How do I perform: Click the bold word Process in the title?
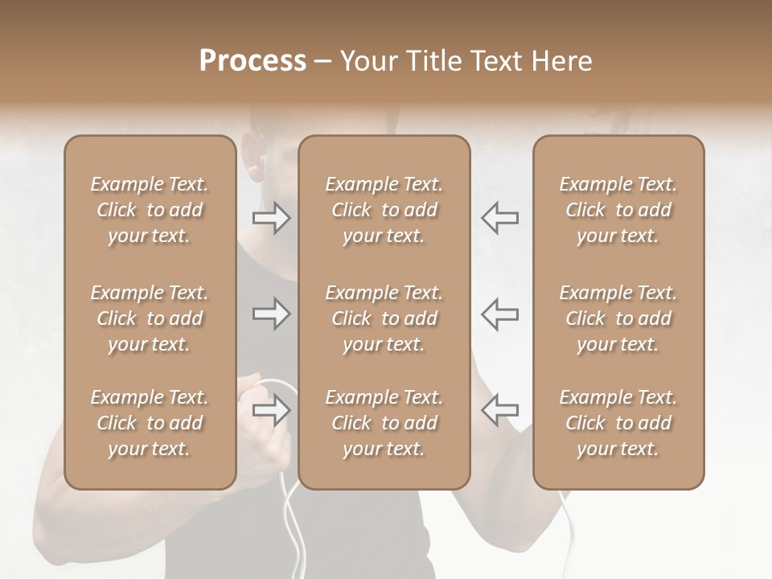pyautogui.click(x=253, y=60)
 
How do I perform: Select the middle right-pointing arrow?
pyautogui.click(x=271, y=313)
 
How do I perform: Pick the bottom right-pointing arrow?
pyautogui.click(x=271, y=409)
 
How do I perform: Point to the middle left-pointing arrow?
pyautogui.click(x=499, y=313)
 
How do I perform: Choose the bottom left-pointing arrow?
pyautogui.click(x=499, y=409)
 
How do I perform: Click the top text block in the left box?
pyautogui.click(x=150, y=210)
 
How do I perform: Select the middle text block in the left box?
pyautogui.click(x=150, y=318)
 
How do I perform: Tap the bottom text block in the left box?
pyautogui.click(x=150, y=423)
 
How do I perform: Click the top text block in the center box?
pyautogui.click(x=384, y=210)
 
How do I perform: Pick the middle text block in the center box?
pyautogui.click(x=384, y=318)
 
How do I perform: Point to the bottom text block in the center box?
pyautogui.click(x=384, y=423)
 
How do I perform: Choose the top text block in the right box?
pyautogui.click(x=618, y=210)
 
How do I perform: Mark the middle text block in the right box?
pyautogui.click(x=618, y=318)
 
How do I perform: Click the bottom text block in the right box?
pyautogui.click(x=618, y=423)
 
